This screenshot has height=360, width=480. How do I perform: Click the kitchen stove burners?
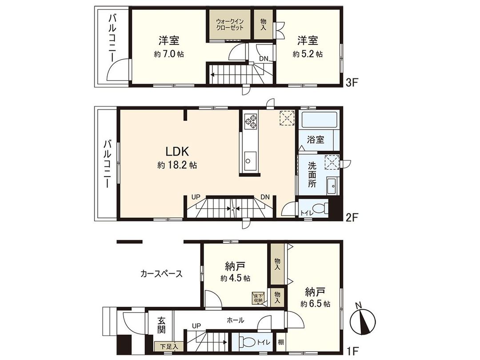[250, 121]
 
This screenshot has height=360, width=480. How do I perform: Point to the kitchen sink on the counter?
[250, 159]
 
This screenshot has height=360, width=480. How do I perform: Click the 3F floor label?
[352, 81]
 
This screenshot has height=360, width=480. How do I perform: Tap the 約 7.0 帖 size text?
[169, 54]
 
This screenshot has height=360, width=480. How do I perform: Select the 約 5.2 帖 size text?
[308, 54]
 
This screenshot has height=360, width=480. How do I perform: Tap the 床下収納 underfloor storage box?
[258, 298]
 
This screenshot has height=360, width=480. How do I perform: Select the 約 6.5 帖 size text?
[315, 304]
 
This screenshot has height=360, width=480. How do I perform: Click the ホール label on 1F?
[235, 320]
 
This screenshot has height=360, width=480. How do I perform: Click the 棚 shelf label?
[281, 343]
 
